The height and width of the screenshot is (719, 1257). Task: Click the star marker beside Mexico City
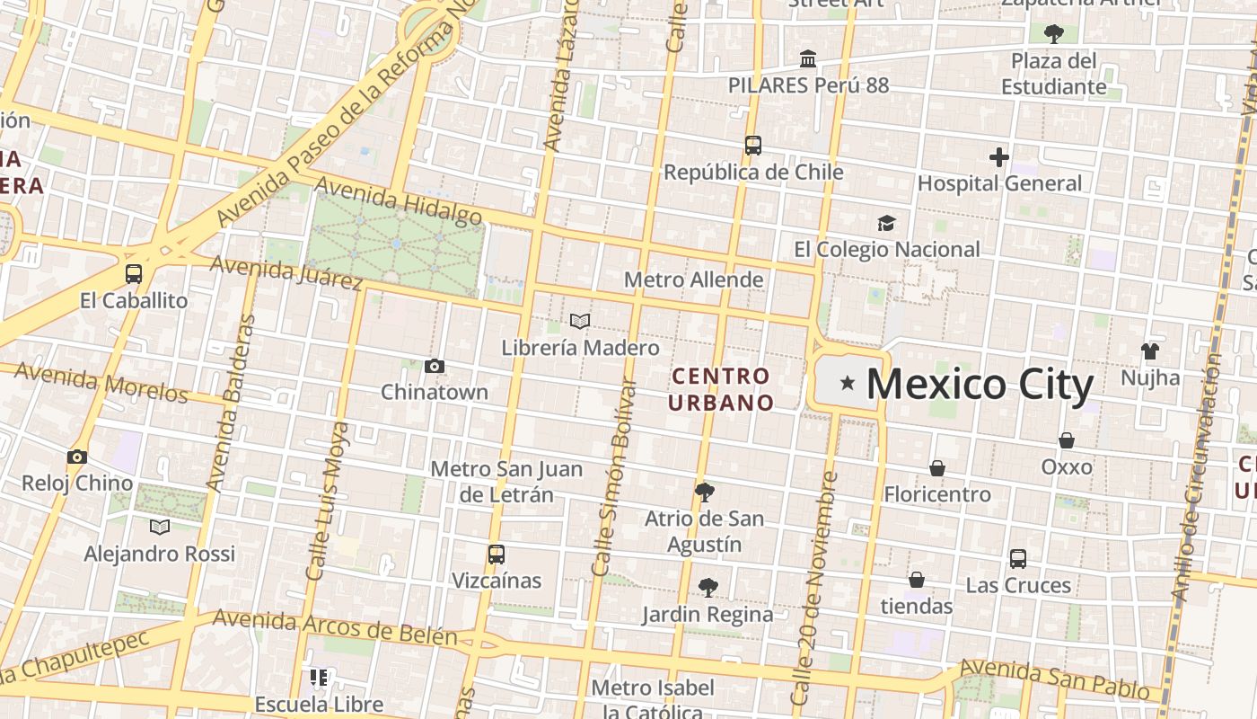[x=847, y=384]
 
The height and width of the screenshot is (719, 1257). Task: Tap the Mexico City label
[x=980, y=384]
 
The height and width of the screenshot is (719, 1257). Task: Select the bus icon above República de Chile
[x=753, y=145]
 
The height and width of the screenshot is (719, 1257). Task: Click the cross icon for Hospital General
[x=998, y=157]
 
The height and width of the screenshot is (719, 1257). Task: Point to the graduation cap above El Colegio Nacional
[x=886, y=223]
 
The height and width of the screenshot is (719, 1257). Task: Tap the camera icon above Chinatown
[x=435, y=366]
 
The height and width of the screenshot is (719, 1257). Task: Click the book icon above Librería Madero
[x=580, y=321]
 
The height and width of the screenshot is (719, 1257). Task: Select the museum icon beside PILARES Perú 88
[x=808, y=59]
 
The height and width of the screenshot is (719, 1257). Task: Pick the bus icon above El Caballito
[x=134, y=274]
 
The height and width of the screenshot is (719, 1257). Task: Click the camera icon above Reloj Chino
[x=77, y=457]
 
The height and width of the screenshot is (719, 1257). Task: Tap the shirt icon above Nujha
[x=1150, y=351]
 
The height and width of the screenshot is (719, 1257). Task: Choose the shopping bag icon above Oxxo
[x=1067, y=440]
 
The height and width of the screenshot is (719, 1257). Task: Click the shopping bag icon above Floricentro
[x=937, y=468]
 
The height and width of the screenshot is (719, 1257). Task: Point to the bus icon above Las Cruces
[x=1018, y=559]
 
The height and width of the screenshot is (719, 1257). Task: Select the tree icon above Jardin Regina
[x=708, y=588]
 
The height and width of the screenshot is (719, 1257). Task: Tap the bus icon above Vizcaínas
[x=497, y=555]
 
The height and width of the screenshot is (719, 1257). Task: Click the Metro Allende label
[x=693, y=280]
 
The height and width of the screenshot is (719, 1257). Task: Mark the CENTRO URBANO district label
[x=720, y=388]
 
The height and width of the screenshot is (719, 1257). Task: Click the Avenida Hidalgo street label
[x=399, y=201]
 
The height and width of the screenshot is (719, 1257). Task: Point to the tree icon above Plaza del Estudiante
[x=1054, y=34]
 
